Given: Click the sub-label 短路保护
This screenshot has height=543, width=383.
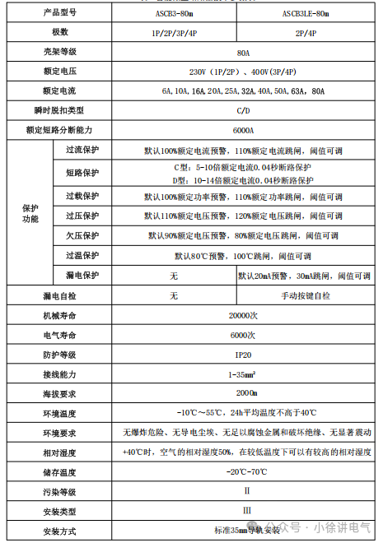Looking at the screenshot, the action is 82,173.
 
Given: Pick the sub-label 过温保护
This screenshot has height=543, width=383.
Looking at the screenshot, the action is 82,255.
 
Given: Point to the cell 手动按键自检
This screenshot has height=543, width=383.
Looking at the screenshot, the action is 306,295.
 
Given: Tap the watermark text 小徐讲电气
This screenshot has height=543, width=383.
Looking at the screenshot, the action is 337,524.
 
